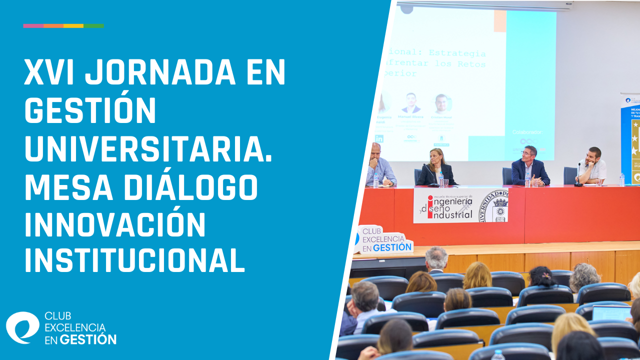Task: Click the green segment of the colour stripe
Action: coord(93,25)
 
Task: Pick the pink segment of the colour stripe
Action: coord(33,25)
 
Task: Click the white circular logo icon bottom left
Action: coord(22,327)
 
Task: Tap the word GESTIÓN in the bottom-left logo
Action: coord(88,339)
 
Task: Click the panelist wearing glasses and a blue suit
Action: coord(530,167)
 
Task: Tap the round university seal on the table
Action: coord(494,205)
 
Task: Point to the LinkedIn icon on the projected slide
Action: coord(379,139)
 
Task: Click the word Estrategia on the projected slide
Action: coord(457,53)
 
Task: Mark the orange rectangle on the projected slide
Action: coord(499,21)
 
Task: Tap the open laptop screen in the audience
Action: coord(611,313)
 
